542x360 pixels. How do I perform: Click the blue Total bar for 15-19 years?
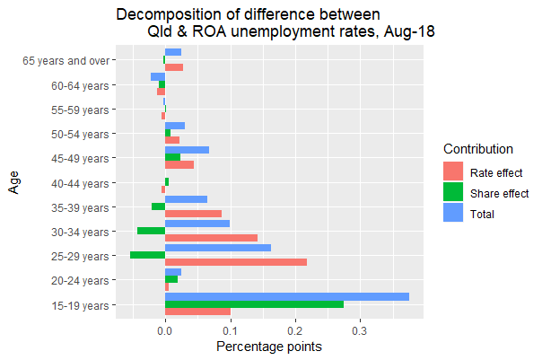click(287, 297)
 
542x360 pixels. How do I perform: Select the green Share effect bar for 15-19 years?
click(254, 305)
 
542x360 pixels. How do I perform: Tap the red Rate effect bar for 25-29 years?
click(236, 262)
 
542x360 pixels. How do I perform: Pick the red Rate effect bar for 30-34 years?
click(211, 238)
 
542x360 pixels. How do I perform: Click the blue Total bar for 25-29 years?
click(218, 247)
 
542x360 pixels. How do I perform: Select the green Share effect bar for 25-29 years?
click(148, 255)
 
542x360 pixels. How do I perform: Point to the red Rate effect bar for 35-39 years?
click(193, 214)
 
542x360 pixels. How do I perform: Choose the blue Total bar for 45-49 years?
click(187, 150)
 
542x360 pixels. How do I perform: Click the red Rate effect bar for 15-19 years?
click(197, 312)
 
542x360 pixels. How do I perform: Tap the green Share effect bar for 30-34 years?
click(151, 231)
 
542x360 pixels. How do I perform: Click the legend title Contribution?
click(478, 149)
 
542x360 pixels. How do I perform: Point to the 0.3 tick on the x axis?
click(360, 330)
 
